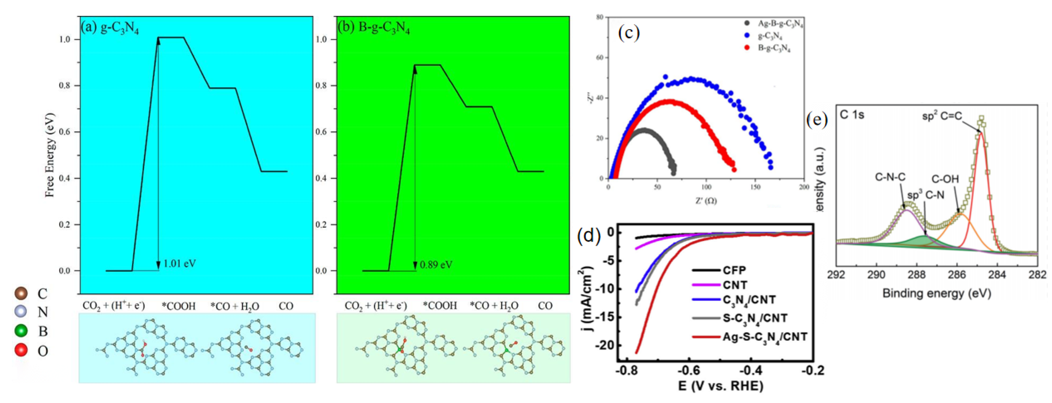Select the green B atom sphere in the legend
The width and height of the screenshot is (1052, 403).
click(21, 331)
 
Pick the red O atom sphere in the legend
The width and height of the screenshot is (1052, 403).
click(21, 350)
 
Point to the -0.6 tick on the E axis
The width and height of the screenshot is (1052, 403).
click(689, 370)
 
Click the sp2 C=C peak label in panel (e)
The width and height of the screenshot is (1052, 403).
click(942, 116)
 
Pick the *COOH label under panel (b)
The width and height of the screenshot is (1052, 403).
click(440, 306)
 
